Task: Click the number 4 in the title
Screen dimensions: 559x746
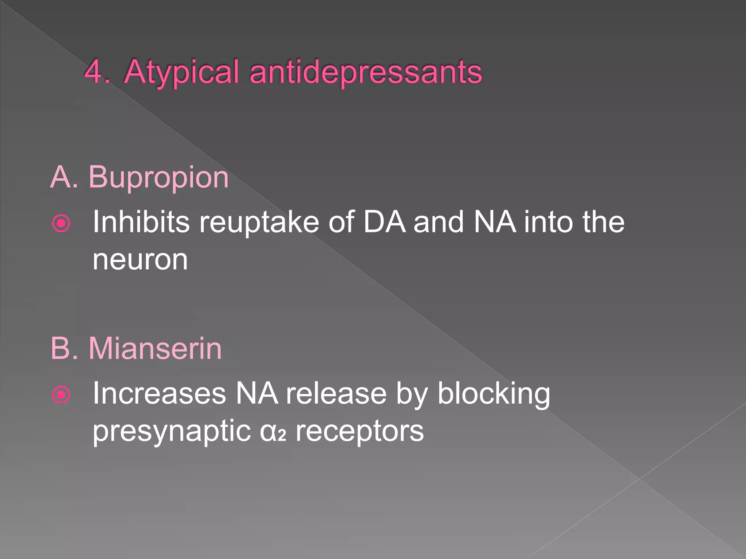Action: [94, 72]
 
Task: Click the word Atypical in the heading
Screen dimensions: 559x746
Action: [181, 72]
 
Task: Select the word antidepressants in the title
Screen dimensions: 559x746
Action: [366, 72]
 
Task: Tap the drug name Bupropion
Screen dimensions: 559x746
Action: [158, 178]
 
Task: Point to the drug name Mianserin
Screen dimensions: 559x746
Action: [155, 348]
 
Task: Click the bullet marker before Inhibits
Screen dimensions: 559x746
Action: [61, 223]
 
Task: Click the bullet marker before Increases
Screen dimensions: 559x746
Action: [61, 395]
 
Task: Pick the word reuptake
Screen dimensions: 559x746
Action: [259, 222]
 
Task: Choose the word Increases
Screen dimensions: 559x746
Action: [159, 393]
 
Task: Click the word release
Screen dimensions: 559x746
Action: [336, 393]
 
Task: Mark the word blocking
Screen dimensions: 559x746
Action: [494, 394]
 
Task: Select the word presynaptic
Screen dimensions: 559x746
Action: [172, 432]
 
